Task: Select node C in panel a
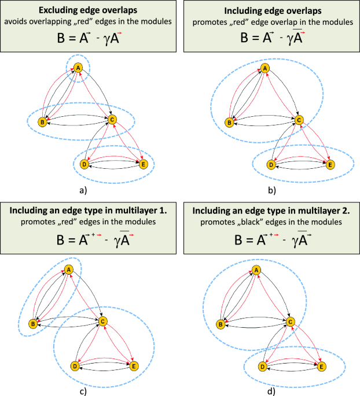[x=111, y=120]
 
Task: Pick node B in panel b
[x=229, y=121]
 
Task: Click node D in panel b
[x=270, y=165]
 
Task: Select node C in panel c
[x=102, y=321]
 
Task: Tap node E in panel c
[x=134, y=366]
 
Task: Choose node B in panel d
[x=221, y=324]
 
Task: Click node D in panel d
[x=262, y=367]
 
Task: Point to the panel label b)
[x=271, y=189]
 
